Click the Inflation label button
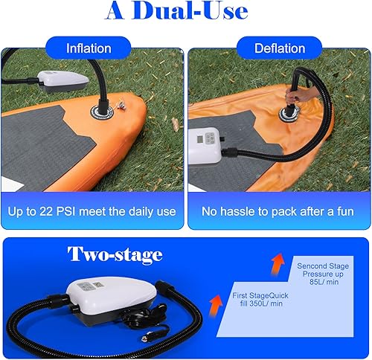89,48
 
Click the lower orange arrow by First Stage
216,301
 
